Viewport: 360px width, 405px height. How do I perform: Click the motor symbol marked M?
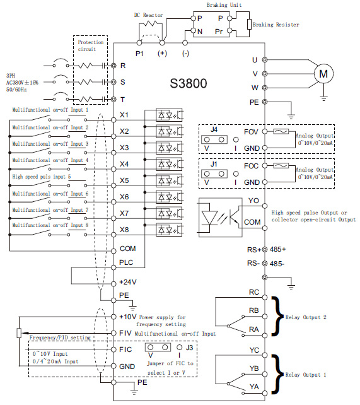click(323, 74)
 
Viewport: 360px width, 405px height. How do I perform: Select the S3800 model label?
click(189, 83)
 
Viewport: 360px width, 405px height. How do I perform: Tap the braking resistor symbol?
click(249, 25)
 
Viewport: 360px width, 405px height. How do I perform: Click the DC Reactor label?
click(148, 15)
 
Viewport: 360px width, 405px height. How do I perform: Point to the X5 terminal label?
click(124, 180)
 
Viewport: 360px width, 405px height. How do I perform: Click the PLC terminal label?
click(126, 262)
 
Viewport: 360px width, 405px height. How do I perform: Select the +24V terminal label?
click(128, 282)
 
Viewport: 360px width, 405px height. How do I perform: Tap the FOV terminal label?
click(251, 132)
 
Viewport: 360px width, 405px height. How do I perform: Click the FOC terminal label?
click(251, 166)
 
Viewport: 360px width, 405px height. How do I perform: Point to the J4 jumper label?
click(214, 129)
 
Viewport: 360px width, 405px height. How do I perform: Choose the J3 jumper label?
click(189, 348)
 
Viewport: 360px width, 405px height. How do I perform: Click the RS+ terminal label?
click(254, 250)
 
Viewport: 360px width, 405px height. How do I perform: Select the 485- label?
click(277, 264)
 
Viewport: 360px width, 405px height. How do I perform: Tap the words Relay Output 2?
click(306, 317)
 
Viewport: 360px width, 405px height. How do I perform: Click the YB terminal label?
click(254, 368)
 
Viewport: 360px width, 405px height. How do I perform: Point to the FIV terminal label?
click(125, 333)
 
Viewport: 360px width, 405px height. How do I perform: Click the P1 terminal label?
click(139, 54)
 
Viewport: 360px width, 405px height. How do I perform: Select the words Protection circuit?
click(91, 45)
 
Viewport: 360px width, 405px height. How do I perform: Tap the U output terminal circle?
click(265, 60)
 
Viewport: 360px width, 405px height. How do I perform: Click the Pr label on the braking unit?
click(219, 32)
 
